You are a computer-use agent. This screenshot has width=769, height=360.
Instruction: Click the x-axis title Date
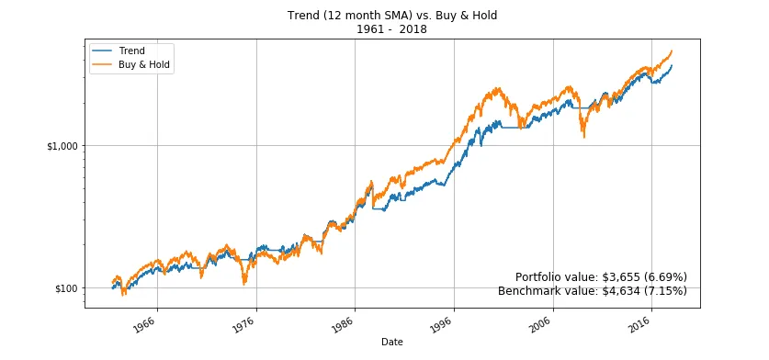(x=391, y=342)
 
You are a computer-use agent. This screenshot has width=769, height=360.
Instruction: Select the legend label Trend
(x=132, y=51)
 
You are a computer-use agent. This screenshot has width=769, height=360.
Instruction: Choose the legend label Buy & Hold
(x=145, y=65)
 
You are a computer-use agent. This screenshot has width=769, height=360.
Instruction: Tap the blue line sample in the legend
(x=102, y=51)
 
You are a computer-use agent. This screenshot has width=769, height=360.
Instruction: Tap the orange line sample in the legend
(x=102, y=65)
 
